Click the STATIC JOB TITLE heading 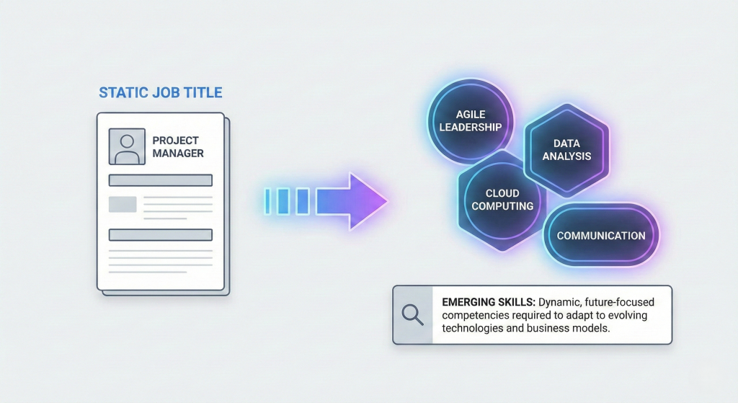tap(160, 92)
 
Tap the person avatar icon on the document tap(127, 146)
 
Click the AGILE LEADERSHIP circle tap(470, 120)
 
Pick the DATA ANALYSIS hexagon tap(567, 150)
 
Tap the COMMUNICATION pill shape tap(600, 236)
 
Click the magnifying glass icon tap(412, 315)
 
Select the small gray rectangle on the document tap(123, 204)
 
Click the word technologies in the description tap(471, 327)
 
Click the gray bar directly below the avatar tap(160, 180)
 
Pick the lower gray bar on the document tap(160, 234)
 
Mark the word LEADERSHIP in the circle tap(470, 127)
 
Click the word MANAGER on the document tap(178, 153)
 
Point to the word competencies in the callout tap(475, 315)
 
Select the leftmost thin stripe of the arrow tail tap(267, 200)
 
